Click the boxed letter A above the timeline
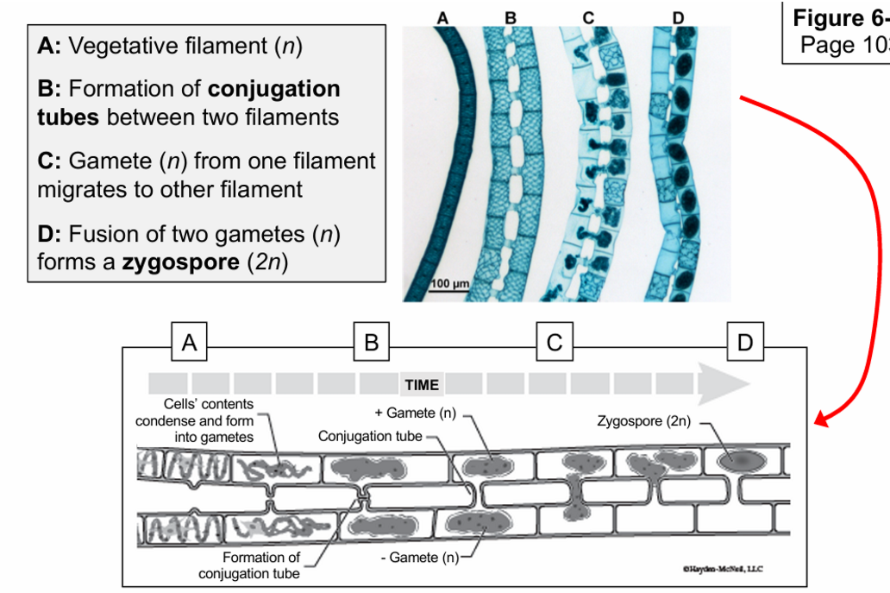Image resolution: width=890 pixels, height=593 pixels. (x=189, y=343)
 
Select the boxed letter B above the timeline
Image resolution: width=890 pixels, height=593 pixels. (x=372, y=343)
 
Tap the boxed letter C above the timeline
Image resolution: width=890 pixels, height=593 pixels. (x=554, y=343)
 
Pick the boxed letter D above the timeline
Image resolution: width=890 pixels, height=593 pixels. (x=745, y=343)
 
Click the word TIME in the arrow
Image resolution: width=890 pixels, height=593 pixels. (x=422, y=385)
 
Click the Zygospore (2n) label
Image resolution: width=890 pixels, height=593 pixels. (x=644, y=421)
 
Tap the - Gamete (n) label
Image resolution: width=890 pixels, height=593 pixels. (x=420, y=558)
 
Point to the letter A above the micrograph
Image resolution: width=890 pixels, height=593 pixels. (x=443, y=16)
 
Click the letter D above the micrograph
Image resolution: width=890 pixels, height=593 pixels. (x=678, y=16)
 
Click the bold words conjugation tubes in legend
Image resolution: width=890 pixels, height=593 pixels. (x=189, y=103)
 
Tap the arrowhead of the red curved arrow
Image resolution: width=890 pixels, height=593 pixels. (x=822, y=420)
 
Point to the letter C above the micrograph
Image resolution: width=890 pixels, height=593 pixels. (x=588, y=16)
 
